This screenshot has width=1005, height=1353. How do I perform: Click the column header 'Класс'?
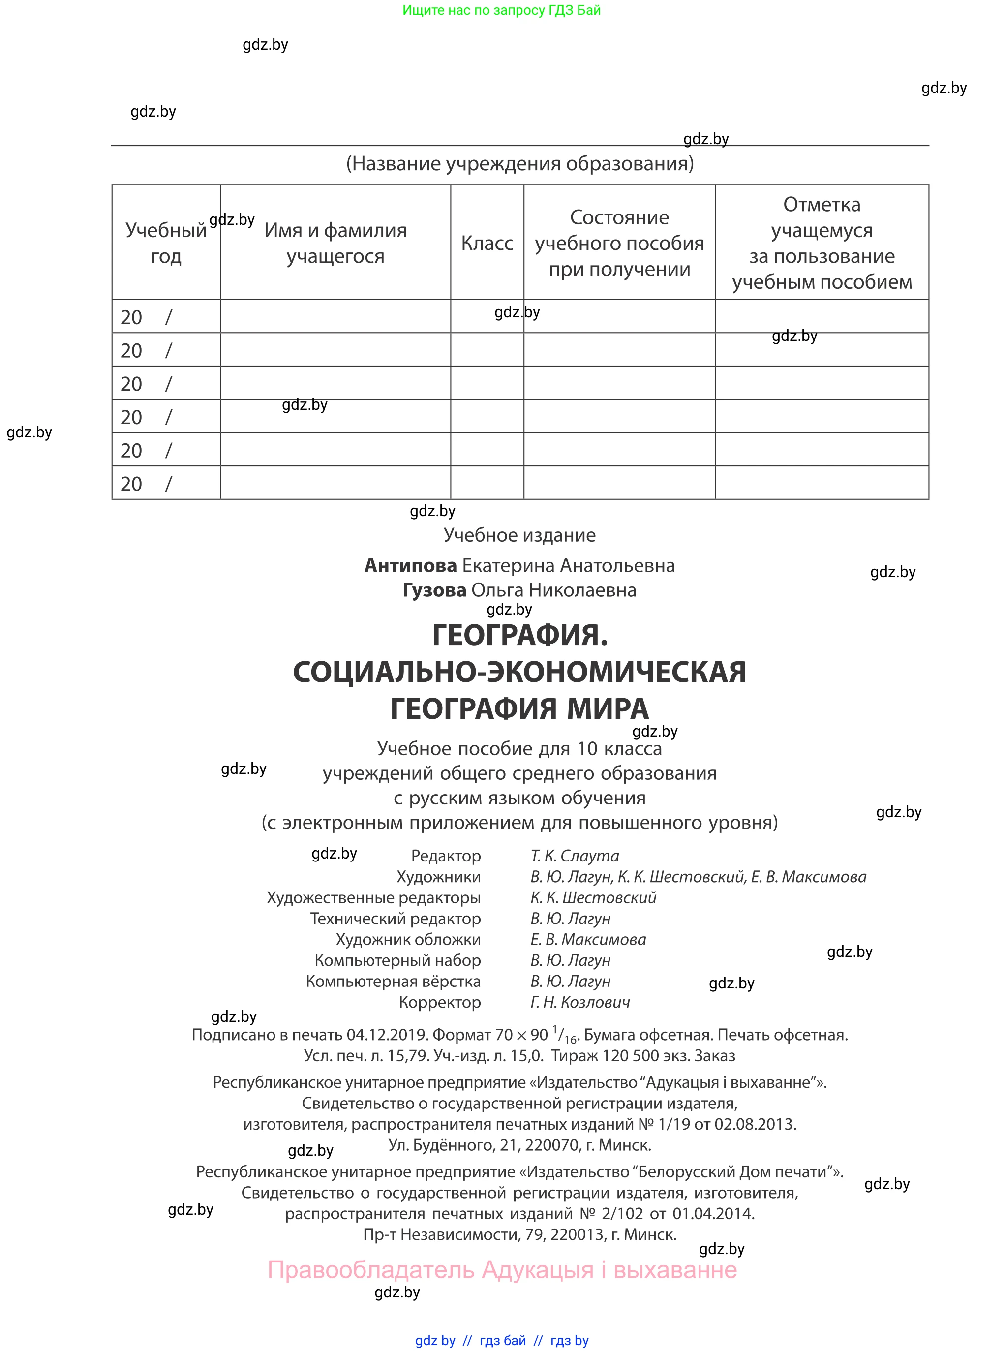pyautogui.click(x=487, y=244)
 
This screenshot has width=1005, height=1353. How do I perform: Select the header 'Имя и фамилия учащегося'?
pyautogui.click(x=335, y=244)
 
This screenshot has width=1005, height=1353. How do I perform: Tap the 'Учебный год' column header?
pyautogui.click(x=166, y=244)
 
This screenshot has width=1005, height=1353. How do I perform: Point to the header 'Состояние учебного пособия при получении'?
pyautogui.click(x=619, y=244)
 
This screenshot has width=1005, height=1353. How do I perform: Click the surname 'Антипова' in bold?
pyautogui.click(x=411, y=566)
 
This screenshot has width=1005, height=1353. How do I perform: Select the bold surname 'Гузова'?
pyautogui.click(x=434, y=590)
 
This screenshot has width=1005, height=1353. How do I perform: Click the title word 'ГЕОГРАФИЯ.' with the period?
pyautogui.click(x=520, y=636)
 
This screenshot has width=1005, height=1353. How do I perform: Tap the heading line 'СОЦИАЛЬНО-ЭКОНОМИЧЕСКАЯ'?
pyautogui.click(x=519, y=672)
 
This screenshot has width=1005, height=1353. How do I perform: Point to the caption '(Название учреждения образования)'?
pyautogui.click(x=519, y=164)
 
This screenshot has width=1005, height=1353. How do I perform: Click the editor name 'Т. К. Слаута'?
pyautogui.click(x=574, y=856)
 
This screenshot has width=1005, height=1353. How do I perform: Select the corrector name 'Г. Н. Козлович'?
pyautogui.click(x=580, y=1002)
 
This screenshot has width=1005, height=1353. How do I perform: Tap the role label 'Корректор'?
pyautogui.click(x=439, y=1002)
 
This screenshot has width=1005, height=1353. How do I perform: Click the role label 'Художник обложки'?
pyautogui.click(x=408, y=939)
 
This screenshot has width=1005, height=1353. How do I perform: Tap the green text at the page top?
pyautogui.click(x=502, y=10)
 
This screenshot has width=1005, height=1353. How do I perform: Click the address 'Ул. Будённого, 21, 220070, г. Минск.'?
pyautogui.click(x=519, y=1145)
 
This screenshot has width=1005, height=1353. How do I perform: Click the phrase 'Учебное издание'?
pyautogui.click(x=519, y=535)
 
